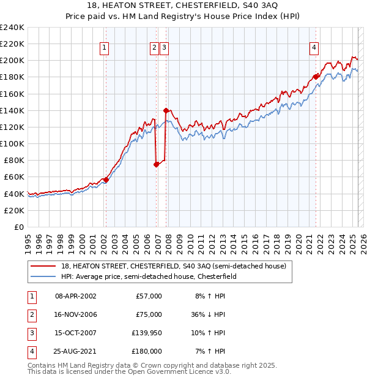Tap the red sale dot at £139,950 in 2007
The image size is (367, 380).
click(x=166, y=111)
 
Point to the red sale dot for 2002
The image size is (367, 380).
click(x=106, y=180)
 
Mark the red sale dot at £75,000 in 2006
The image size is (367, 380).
click(x=156, y=164)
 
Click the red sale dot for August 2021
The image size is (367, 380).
click(x=316, y=77)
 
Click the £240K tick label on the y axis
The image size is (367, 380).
click(x=12, y=28)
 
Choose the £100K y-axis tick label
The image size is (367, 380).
click(x=12, y=143)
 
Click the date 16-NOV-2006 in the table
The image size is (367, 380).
click(x=76, y=314)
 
